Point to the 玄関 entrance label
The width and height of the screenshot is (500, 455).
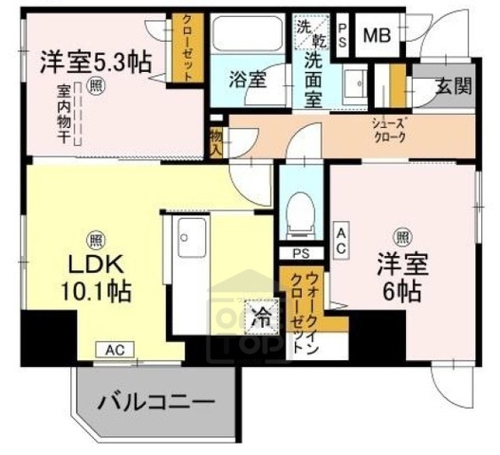click(453, 85)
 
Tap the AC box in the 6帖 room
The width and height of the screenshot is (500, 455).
click(341, 238)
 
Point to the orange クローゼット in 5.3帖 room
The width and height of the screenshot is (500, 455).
click(187, 49)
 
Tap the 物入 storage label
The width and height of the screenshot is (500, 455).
click(217, 141)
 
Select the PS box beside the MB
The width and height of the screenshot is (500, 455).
click(343, 38)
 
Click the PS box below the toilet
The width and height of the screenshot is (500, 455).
click(301, 253)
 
